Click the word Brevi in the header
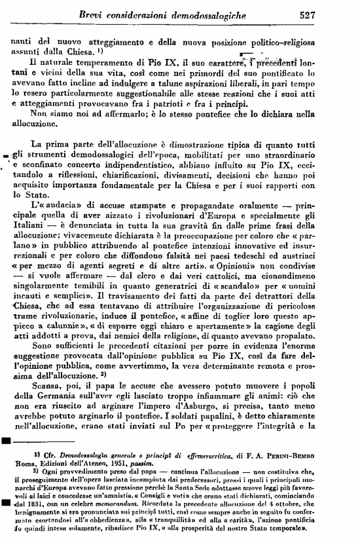94,14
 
